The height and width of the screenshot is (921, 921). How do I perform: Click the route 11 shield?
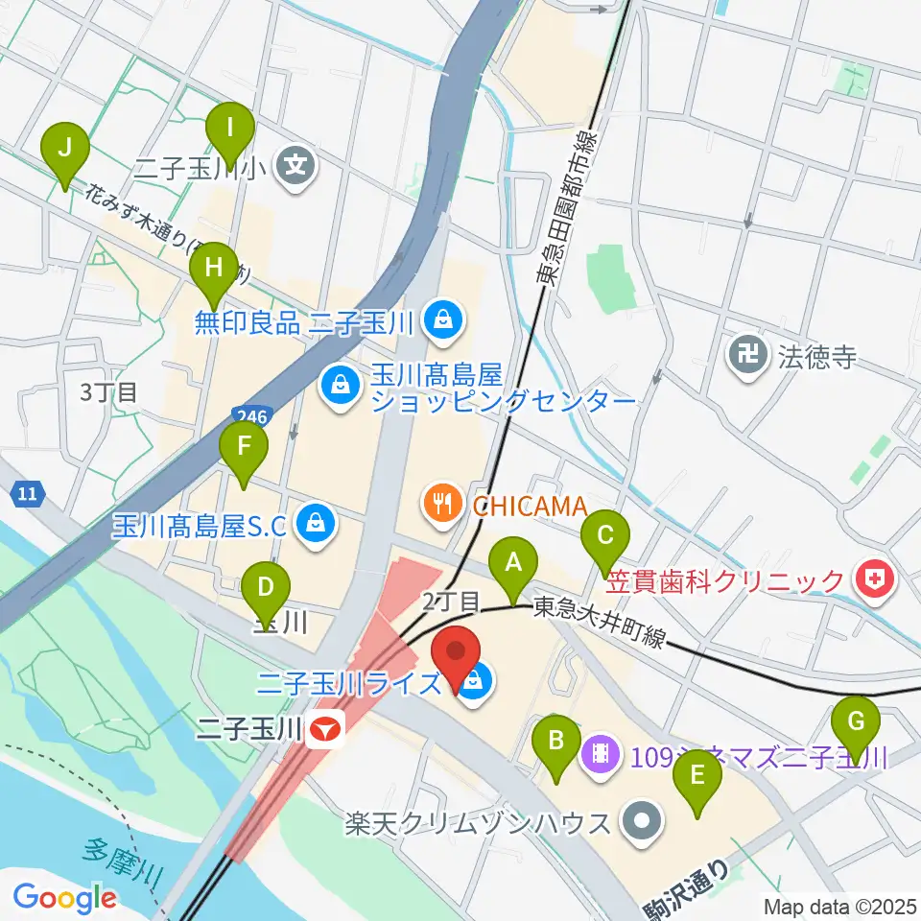click(29, 495)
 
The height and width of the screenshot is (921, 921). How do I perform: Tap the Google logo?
click(64, 898)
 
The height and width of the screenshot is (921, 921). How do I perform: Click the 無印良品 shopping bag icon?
click(443, 318)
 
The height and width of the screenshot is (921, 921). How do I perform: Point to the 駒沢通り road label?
click(691, 888)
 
